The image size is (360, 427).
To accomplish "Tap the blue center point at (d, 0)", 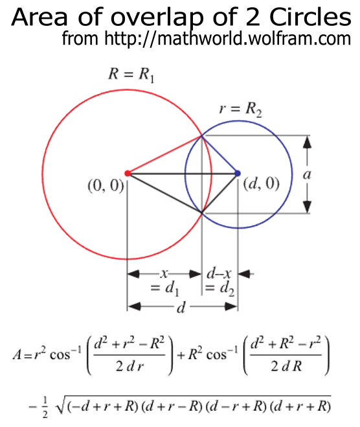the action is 238,173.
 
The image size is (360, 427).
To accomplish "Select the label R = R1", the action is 131,75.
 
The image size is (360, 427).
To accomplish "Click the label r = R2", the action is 241,110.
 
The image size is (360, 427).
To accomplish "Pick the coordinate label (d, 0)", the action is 261,184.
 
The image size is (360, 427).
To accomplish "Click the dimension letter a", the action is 307,174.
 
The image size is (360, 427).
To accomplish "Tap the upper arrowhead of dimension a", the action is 307,142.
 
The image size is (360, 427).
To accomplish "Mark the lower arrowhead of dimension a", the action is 307,207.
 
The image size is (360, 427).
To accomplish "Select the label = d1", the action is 165,289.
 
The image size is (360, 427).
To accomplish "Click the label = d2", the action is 219,289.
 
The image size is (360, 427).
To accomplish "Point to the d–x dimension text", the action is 219,273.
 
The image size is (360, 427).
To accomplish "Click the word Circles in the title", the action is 310,17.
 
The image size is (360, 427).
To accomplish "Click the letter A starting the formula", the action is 17,355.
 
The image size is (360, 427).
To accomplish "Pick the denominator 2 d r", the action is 129,366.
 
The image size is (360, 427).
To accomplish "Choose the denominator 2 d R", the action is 286,366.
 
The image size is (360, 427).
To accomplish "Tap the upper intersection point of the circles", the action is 201,135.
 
